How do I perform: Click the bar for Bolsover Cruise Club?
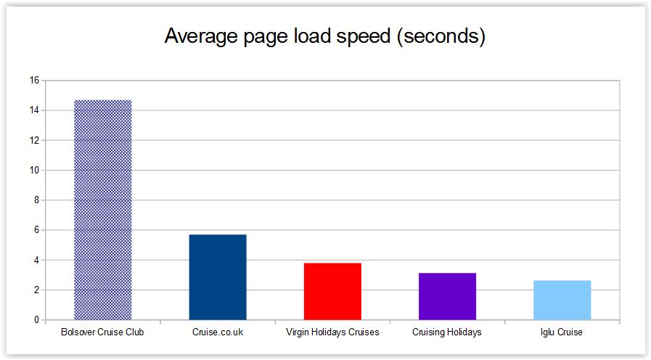click(102, 210)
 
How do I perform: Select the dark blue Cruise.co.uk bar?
click(217, 277)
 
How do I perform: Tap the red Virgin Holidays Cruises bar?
click(332, 291)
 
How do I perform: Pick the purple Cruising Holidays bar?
click(447, 296)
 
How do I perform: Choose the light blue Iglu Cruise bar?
click(562, 300)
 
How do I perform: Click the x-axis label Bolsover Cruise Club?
click(102, 332)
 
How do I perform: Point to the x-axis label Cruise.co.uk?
click(217, 332)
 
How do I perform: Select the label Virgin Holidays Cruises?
click(332, 332)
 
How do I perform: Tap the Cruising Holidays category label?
click(447, 332)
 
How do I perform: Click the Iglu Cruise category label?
click(562, 332)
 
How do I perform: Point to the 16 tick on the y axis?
click(34, 81)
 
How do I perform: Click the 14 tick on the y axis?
click(34, 110)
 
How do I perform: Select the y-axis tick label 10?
click(34, 171)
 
